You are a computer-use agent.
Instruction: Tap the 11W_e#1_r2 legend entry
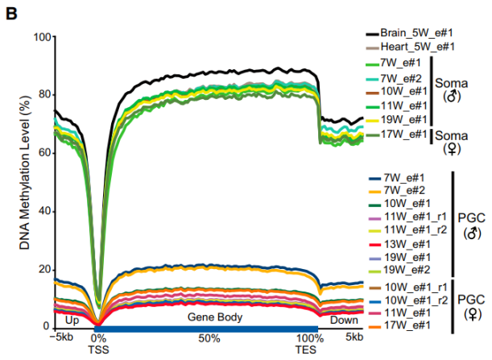[x=411, y=231]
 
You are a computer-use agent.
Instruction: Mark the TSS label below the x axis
[x=97, y=350]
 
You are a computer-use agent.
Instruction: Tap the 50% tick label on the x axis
[x=209, y=337]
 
